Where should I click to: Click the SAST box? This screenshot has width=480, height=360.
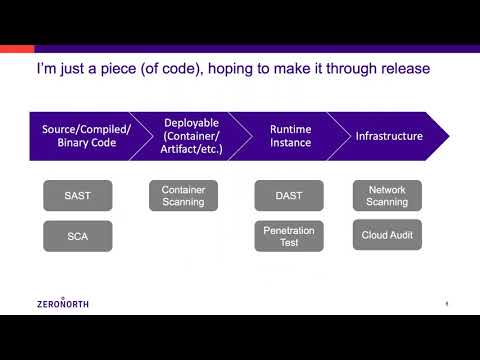[x=78, y=195]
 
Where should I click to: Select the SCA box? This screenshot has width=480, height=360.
[x=78, y=236]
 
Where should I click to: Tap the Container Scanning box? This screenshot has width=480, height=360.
[x=183, y=195]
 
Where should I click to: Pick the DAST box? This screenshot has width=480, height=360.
[x=289, y=195]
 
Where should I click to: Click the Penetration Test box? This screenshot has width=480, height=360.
[x=289, y=236]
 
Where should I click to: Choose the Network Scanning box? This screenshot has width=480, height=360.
[x=388, y=195]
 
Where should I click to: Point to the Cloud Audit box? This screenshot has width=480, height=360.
[x=388, y=235]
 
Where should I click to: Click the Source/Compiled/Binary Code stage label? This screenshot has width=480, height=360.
[x=86, y=136]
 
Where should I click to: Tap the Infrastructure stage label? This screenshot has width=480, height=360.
[x=389, y=136]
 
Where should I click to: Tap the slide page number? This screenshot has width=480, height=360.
[x=445, y=303]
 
